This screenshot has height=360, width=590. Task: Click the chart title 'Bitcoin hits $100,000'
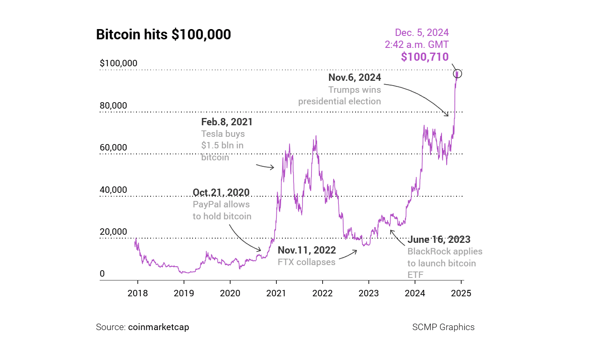tap(163, 35)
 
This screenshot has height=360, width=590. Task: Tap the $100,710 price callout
tap(424, 57)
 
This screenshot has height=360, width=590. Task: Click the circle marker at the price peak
tap(457, 74)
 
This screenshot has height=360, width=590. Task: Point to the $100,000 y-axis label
tap(119, 63)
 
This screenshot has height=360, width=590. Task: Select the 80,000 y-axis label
tap(113, 106)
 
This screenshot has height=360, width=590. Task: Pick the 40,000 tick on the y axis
tap(113, 190)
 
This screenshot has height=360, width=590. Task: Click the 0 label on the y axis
tap(102, 274)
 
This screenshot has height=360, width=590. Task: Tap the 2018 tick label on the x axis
tap(138, 293)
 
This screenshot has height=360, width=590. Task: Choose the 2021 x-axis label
tap(276, 293)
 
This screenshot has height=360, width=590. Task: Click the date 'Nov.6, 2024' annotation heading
tap(355, 77)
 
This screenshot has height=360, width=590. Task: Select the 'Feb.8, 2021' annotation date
tap(227, 122)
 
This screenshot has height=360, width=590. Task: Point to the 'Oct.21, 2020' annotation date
tap(221, 192)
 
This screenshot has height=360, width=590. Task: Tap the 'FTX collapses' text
tap(306, 262)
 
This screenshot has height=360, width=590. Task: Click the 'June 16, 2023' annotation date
tap(439, 239)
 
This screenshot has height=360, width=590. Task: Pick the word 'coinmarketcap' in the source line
tap(158, 327)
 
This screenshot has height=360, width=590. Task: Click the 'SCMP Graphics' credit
tap(443, 327)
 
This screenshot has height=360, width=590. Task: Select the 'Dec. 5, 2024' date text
tap(421, 33)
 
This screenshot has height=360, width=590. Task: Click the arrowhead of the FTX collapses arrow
tap(356, 251)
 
